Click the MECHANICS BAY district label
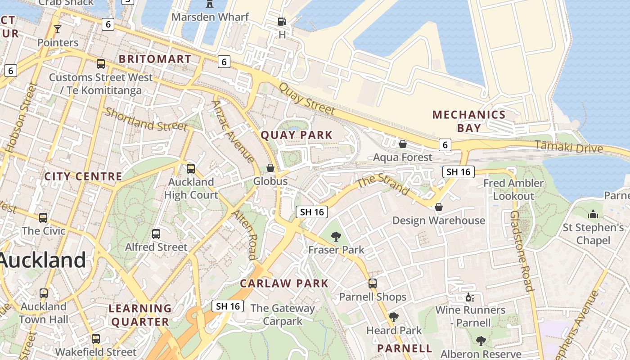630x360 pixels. (469, 121)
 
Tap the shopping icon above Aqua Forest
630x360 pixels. (403, 144)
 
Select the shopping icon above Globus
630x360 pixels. (270, 168)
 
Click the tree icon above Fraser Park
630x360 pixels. (336, 236)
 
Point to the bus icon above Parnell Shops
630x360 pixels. (373, 283)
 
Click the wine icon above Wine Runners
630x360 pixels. (470, 297)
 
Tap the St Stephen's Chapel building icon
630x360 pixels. (593, 214)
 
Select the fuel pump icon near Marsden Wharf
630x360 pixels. (282, 21)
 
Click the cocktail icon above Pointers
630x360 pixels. (57, 30)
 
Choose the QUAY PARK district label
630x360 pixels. (297, 135)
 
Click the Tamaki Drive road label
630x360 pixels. (569, 147)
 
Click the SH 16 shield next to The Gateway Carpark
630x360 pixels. (228, 306)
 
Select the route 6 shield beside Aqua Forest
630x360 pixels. (445, 144)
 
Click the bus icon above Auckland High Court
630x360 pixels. (191, 169)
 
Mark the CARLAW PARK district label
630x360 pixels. (284, 283)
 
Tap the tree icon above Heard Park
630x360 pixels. (394, 317)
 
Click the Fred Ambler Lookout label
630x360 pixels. (513, 189)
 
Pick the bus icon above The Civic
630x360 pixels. (43, 218)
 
